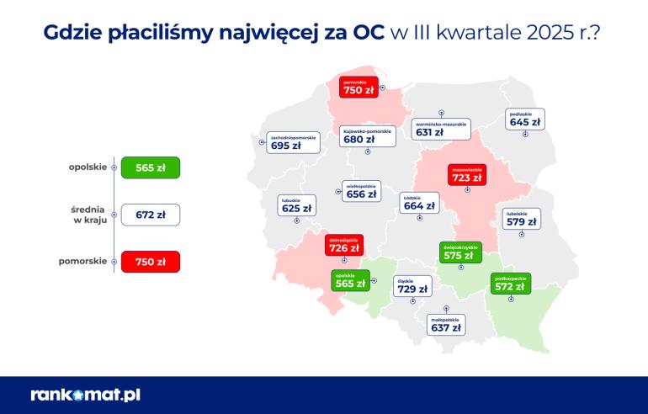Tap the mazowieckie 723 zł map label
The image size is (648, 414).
pos(466,174)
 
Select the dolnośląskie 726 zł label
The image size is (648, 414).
pos(344,246)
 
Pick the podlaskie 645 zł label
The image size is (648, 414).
pos(524,119)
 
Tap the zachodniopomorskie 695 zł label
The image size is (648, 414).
pos(293,142)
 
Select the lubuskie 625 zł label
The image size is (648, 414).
pos(296,204)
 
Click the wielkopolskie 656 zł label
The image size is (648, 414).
pos(362,191)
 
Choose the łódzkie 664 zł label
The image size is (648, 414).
pos(418,203)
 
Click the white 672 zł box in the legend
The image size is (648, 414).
pos(151,215)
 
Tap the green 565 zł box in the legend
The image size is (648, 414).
pos(151,167)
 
